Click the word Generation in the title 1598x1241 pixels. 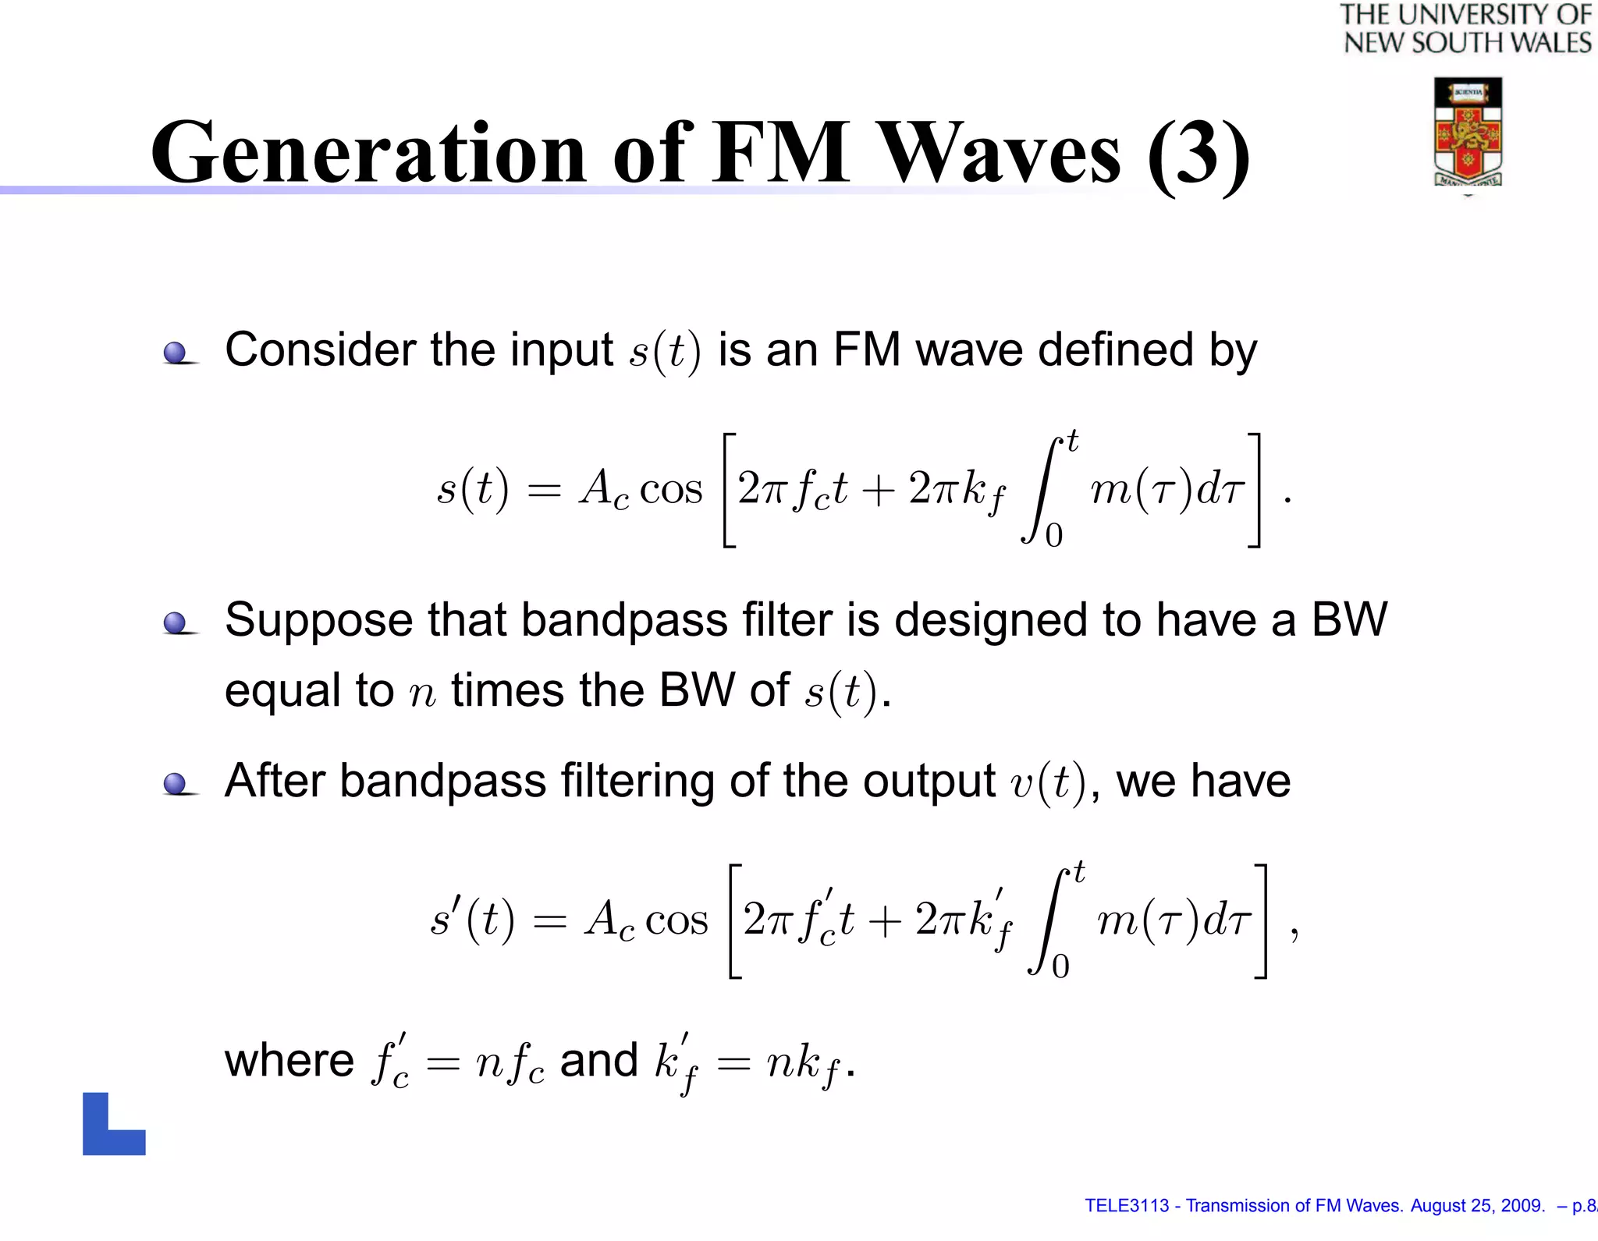[368, 153]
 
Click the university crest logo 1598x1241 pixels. [1468, 132]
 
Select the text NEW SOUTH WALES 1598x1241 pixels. [1467, 43]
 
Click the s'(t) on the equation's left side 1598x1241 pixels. [472, 919]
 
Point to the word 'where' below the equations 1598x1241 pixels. [289, 1060]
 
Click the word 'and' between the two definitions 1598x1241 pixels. [598, 1060]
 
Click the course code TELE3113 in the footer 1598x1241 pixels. [1127, 1206]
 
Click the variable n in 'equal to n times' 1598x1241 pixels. [422, 693]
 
